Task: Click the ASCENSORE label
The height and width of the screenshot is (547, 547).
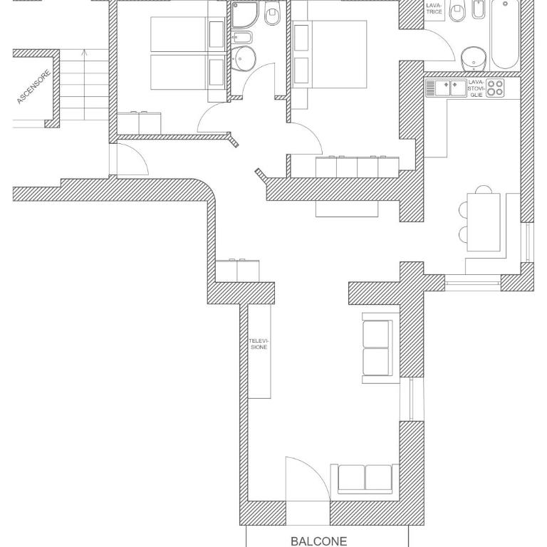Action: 34,87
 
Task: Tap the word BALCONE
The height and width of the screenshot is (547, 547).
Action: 318,541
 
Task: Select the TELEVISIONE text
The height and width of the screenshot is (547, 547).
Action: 259,343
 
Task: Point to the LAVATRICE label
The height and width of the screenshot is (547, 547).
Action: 434,9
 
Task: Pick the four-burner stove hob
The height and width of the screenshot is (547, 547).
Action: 496,88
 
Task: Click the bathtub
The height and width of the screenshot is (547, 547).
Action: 505,34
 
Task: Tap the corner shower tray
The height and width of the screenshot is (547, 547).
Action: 245,14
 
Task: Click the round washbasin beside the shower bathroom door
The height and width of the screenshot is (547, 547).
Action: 243,58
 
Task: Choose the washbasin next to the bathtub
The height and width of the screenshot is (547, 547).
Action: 474,59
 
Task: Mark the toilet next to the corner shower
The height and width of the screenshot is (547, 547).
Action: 272,14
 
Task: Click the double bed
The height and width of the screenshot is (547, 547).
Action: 329,54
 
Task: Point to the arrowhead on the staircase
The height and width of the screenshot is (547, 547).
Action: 85,53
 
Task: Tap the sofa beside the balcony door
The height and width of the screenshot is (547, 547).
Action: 365,479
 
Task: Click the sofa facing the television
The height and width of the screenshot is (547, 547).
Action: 380,348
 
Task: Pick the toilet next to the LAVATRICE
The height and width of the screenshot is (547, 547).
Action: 457,11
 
